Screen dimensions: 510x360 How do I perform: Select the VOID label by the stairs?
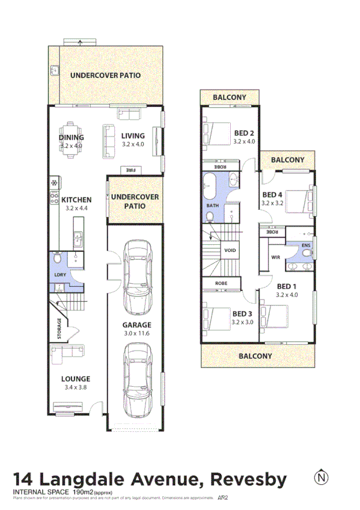[x=230, y=250]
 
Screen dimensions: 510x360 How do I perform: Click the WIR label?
[x=276, y=257]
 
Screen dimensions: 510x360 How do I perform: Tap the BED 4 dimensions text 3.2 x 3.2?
[x=272, y=203]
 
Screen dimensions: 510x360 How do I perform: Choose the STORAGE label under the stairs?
[x=59, y=329]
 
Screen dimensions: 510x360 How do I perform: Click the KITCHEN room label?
[x=76, y=200]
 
